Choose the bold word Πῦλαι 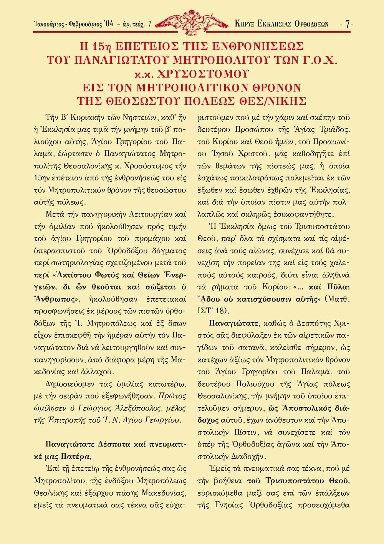(x=338, y=286)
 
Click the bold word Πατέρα (x=75, y=456)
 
